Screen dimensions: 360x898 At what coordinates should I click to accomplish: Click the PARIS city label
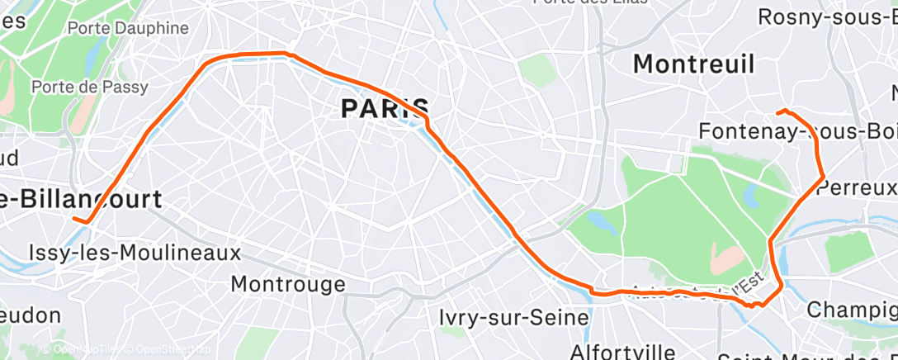(x=385, y=107)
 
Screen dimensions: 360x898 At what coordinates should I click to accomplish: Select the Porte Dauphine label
(x=128, y=28)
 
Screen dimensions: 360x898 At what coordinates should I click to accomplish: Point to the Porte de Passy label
(x=89, y=87)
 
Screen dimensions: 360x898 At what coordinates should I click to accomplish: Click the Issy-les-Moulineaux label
(x=135, y=252)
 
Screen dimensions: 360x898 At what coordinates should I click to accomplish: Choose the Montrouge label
(x=288, y=285)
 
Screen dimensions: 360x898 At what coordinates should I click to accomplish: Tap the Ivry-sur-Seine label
(x=514, y=317)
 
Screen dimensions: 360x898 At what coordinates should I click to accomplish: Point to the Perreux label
(x=857, y=187)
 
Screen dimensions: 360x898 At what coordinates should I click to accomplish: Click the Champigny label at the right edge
(x=852, y=310)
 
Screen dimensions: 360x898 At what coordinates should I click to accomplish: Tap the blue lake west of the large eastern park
(x=602, y=222)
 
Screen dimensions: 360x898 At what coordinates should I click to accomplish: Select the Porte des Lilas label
(x=590, y=2)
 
